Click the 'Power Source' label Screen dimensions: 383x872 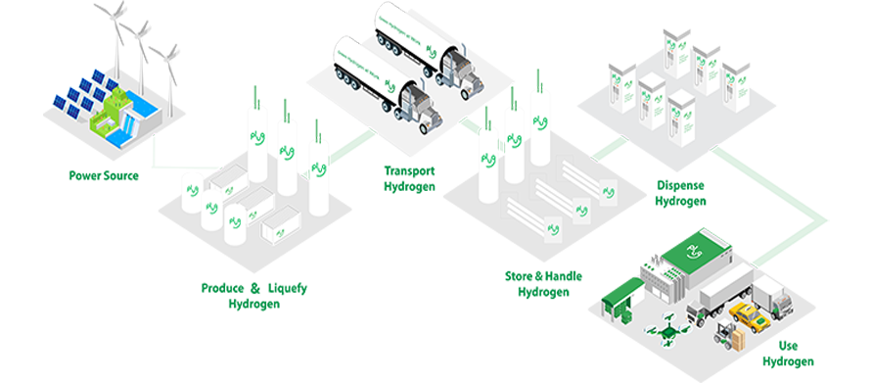click(103, 176)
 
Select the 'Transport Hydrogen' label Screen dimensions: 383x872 click(409, 178)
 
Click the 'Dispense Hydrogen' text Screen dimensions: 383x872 click(681, 193)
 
